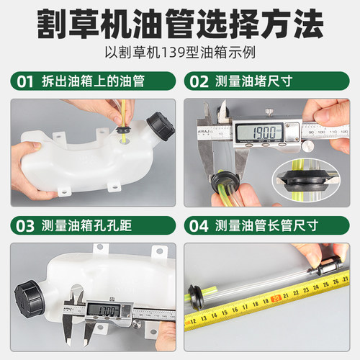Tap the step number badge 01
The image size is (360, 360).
[24, 82]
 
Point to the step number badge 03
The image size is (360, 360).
[24, 225]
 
